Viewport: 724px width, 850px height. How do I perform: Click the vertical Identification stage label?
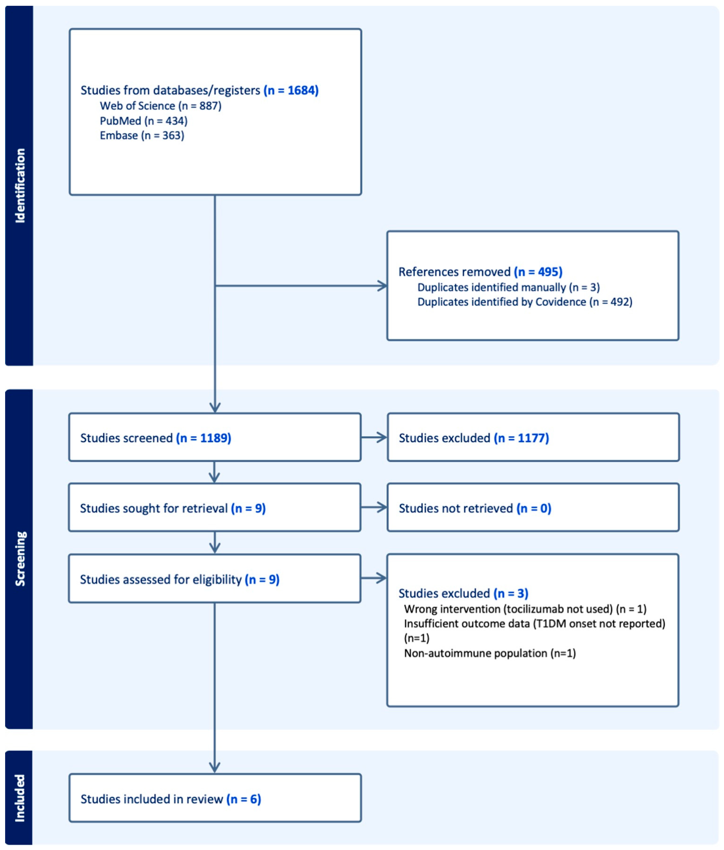pos(20,185)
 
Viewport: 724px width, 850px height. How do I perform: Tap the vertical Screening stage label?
pos(20,558)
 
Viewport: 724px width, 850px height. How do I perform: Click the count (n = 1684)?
pos(291,90)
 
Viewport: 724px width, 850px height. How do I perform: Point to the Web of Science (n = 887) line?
pos(160,106)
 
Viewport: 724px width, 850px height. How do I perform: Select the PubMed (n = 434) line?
pos(144,121)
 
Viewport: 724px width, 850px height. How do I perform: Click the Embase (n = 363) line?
pos(142,135)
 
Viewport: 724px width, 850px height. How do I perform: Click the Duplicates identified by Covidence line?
pos(524,302)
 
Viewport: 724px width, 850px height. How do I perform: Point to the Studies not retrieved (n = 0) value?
pos(534,508)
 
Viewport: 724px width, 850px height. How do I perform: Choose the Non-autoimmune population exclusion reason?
pos(490,653)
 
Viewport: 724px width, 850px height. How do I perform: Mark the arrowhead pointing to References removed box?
pos(383,286)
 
